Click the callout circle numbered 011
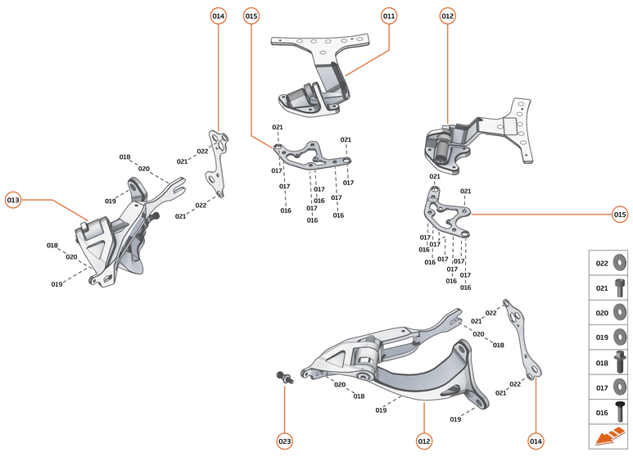(x=389, y=16)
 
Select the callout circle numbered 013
(x=13, y=199)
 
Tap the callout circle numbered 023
(x=284, y=441)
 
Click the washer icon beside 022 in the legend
(x=620, y=264)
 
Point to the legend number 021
(x=601, y=288)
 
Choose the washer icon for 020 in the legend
(x=620, y=313)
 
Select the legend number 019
(x=601, y=337)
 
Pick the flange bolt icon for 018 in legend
(x=620, y=362)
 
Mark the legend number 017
(x=601, y=387)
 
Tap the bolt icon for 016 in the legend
(x=620, y=411)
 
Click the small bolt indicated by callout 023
(x=283, y=377)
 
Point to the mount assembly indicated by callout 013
(x=115, y=238)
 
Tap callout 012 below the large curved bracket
(x=423, y=441)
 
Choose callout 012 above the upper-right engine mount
(x=447, y=16)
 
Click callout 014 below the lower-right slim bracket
(x=536, y=441)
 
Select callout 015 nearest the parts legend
(x=620, y=215)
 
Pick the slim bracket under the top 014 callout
(x=217, y=164)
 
